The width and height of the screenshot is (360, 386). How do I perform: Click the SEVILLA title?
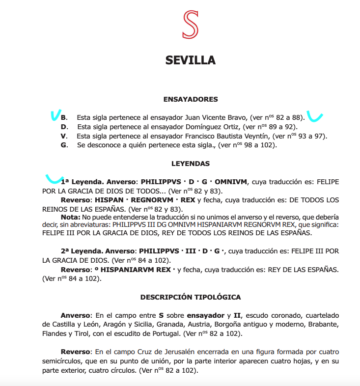point(191,60)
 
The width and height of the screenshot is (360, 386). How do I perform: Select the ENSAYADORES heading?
point(191,99)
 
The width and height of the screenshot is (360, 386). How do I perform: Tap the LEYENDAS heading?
point(191,164)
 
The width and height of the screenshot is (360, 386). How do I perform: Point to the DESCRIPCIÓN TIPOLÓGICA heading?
point(191,297)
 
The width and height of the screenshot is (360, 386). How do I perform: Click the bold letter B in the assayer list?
point(64,118)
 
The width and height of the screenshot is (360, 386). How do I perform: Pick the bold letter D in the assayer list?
point(64,127)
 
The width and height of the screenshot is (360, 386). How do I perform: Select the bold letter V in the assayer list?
point(64,136)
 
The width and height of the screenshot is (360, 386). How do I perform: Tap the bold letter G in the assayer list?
point(64,145)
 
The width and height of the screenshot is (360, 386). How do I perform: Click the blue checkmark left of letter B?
point(55,115)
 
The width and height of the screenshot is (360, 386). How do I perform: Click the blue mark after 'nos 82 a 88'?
point(314,117)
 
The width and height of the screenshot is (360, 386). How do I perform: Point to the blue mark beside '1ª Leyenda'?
point(54,178)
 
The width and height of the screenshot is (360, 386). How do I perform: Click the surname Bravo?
point(237,118)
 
